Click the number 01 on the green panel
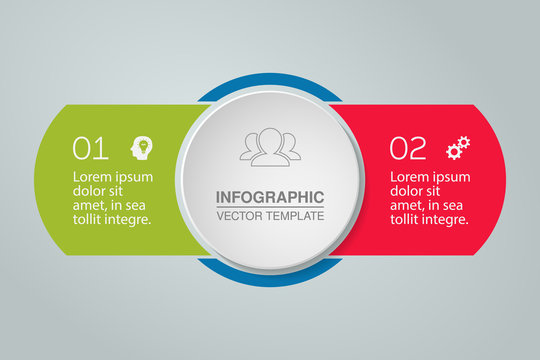tap(90, 149)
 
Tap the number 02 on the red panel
tap(407, 149)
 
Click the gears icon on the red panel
tap(458, 149)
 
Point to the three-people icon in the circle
tap(270, 148)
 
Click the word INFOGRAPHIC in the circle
tap(270, 197)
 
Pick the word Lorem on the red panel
tap(410, 177)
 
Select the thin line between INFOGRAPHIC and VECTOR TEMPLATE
tap(270, 207)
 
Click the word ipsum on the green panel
tap(134, 178)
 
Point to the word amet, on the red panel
tap(408, 205)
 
